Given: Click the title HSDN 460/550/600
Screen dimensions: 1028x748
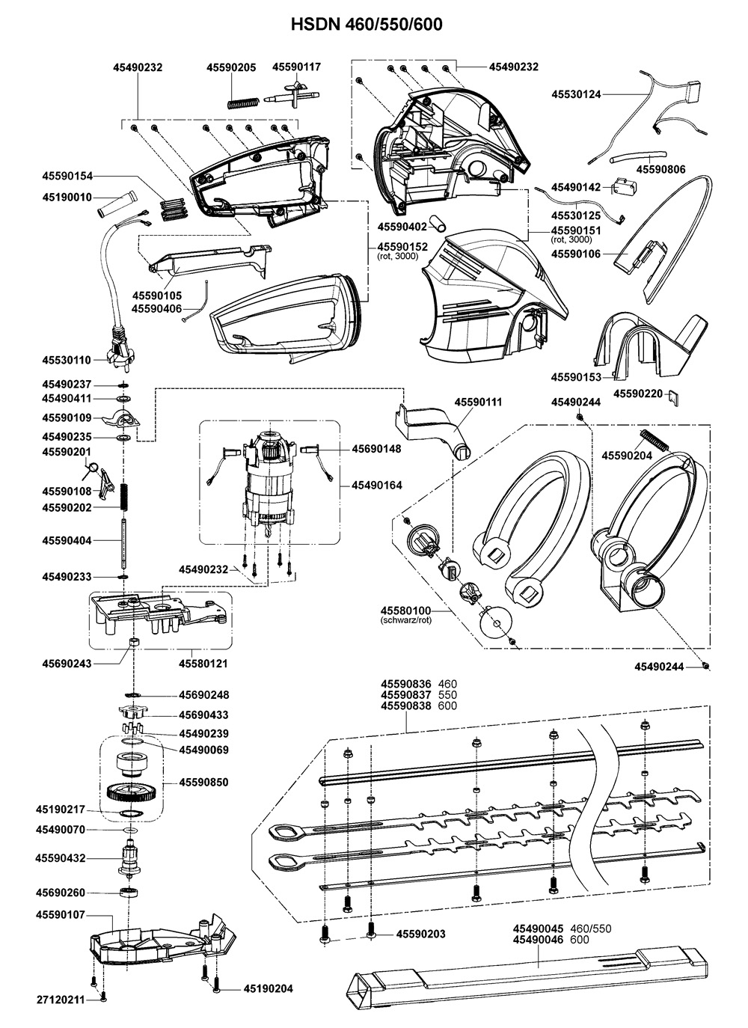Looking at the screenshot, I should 367,25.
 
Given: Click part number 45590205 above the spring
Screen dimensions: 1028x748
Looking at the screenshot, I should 231,67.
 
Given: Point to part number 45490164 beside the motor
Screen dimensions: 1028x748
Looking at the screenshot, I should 377,486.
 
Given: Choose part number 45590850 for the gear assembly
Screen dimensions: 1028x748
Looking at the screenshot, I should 203,783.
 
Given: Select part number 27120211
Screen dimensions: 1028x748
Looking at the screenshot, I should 61,998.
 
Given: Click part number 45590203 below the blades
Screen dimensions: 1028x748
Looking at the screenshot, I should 420,934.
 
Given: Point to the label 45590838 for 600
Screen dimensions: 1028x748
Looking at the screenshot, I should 406,706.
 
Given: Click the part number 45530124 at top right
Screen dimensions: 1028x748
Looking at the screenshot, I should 576,94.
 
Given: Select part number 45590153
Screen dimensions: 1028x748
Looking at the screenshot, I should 576,376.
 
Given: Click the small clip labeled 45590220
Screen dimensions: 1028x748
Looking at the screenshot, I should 672,395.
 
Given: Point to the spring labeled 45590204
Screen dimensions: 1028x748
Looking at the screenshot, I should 652,438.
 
